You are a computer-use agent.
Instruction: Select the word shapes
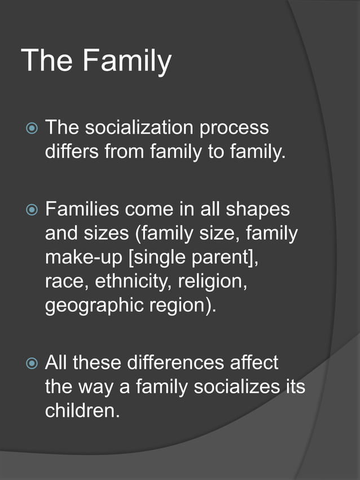[258, 209]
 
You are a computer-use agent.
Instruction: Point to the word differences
[173, 362]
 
